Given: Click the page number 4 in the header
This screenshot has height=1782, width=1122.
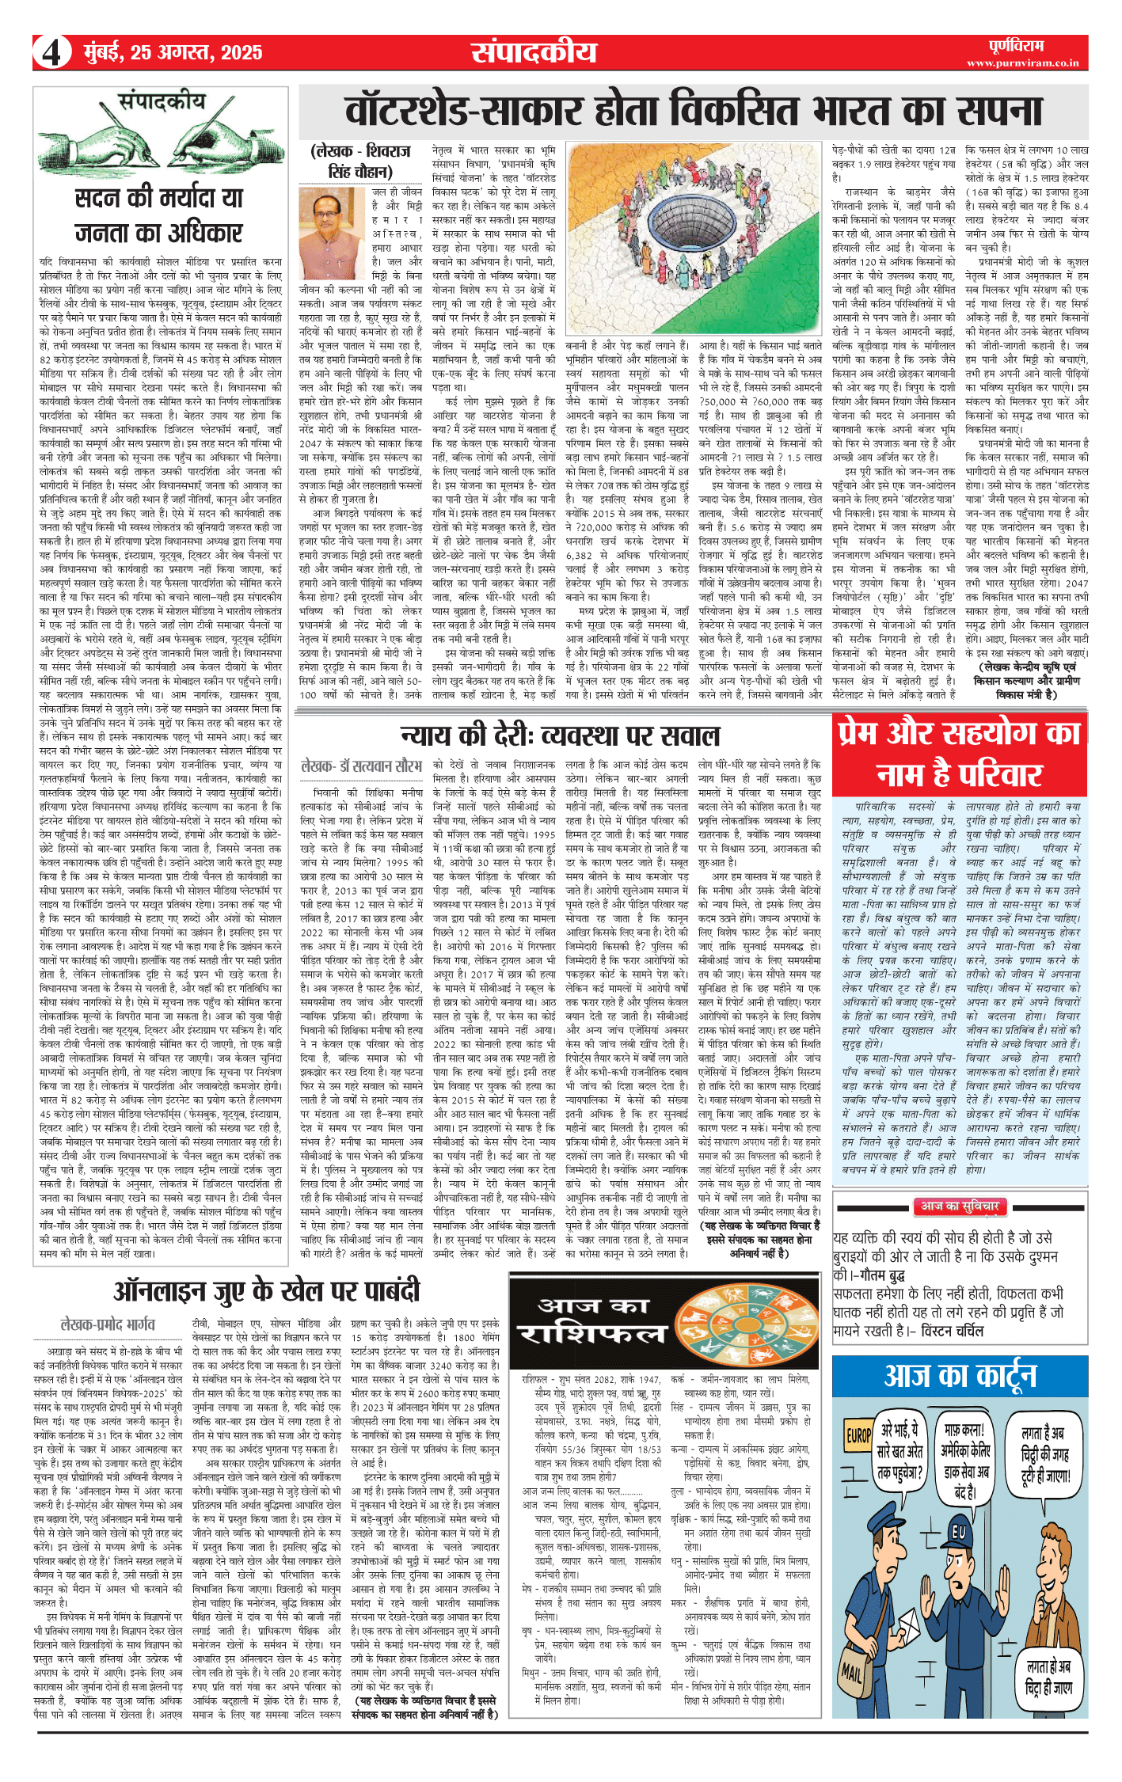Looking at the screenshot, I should (52, 52).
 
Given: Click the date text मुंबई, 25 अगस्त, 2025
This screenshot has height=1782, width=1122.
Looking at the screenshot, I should (173, 52).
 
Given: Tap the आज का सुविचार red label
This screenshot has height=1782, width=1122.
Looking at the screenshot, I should (960, 1206).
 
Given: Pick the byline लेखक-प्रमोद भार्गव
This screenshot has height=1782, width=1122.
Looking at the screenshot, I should (108, 1324).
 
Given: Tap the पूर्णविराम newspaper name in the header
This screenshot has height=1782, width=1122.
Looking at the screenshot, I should (1016, 45).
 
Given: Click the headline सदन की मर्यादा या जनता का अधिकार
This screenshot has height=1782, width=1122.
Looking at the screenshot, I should (158, 215).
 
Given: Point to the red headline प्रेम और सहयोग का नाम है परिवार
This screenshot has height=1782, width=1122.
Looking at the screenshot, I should (960, 753).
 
